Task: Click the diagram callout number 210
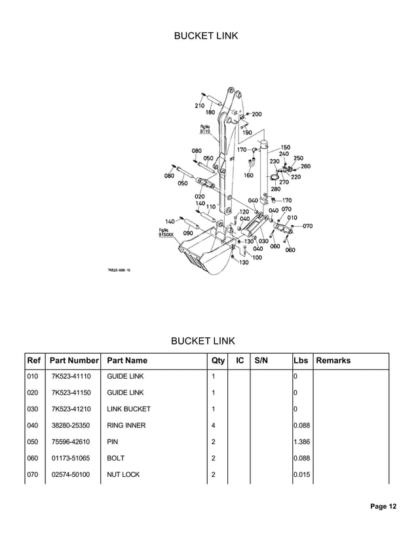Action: [199, 105]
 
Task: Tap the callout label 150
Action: [286, 147]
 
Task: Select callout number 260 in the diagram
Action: [306, 166]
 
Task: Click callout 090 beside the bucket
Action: [187, 233]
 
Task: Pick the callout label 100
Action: [257, 257]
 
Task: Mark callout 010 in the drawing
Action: [292, 217]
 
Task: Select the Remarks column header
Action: [333, 360]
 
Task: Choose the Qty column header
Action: [218, 360]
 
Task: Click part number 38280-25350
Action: [71, 426]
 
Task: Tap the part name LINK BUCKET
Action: [128, 409]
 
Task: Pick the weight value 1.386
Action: [301, 442]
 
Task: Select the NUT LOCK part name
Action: [123, 475]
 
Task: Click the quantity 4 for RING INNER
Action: [214, 426]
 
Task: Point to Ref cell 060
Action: [33, 458]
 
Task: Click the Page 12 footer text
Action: [383, 506]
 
